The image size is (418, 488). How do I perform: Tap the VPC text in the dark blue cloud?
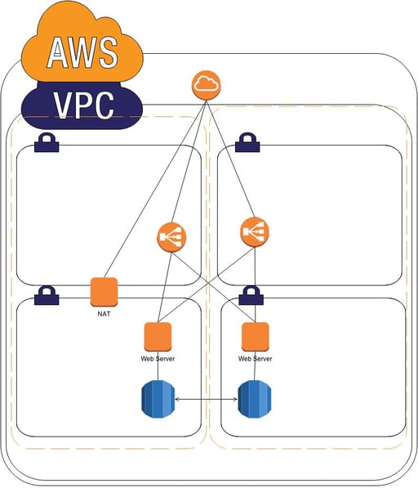point(84,105)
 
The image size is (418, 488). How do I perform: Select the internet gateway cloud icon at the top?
point(207,85)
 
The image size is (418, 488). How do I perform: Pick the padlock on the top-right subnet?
point(247,144)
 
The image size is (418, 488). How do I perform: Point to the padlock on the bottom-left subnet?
point(46,295)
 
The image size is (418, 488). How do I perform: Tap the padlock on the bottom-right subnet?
point(249,295)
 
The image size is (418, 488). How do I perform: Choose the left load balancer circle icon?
point(171,238)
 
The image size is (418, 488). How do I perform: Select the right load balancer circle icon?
point(255,232)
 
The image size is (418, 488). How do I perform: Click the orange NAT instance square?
point(104,292)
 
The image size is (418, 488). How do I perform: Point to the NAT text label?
point(104,313)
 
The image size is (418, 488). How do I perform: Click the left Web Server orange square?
point(158,336)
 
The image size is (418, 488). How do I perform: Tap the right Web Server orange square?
point(255,336)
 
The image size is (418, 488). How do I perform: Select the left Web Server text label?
point(158,358)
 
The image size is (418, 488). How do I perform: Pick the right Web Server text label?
point(255,358)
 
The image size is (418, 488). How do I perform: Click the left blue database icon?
point(158,399)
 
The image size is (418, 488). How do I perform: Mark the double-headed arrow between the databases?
point(205,399)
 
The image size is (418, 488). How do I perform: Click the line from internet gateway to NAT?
point(155,188)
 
